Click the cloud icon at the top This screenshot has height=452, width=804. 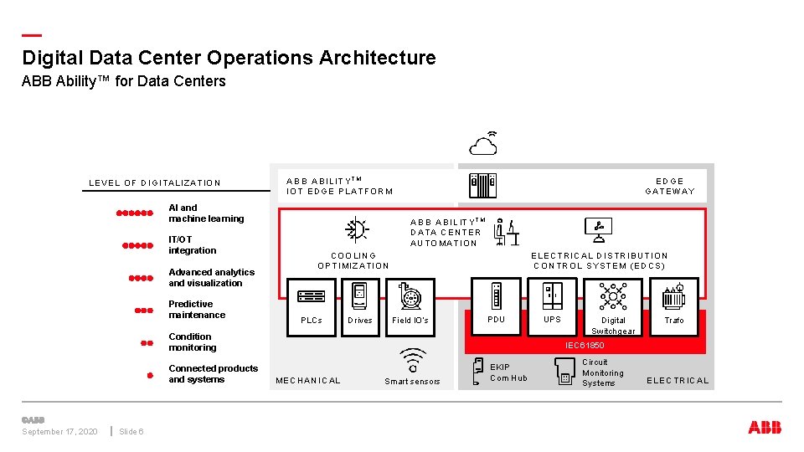tap(483, 145)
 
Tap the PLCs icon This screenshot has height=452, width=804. tap(311, 295)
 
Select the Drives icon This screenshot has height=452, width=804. tap(359, 295)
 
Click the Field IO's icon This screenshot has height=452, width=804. tap(410, 295)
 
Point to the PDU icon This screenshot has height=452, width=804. tap(497, 295)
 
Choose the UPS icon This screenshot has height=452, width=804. tap(552, 295)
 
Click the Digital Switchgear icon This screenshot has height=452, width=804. tap(613, 296)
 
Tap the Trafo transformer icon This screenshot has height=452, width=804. tap(673, 296)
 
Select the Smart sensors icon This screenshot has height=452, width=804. tap(412, 361)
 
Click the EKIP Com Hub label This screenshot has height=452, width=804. tap(508, 372)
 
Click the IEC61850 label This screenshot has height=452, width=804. tap(585, 345)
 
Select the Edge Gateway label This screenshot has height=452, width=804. tap(669, 186)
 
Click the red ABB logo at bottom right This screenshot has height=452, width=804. tap(765, 428)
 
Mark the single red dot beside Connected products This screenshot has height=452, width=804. tap(149, 375)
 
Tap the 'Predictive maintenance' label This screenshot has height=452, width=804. tap(197, 310)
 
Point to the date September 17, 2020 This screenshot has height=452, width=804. tap(59, 432)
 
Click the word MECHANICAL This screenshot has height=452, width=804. tap(308, 381)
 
